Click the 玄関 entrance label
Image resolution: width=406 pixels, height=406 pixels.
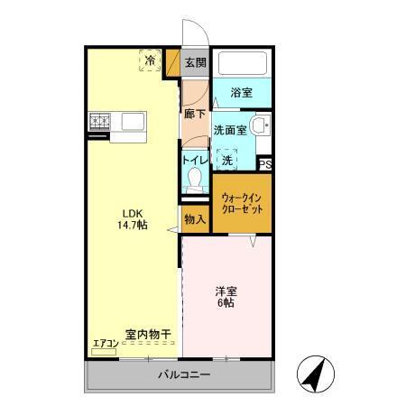[x=195, y=62]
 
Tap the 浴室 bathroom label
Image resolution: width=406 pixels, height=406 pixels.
[x=240, y=92]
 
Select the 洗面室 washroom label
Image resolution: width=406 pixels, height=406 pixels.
[x=229, y=129]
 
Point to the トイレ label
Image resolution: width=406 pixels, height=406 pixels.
[x=195, y=159]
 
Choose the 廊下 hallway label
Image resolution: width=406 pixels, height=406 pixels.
[x=194, y=115]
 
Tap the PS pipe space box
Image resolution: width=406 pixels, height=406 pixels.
[x=265, y=163]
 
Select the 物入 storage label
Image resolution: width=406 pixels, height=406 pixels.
[x=195, y=219]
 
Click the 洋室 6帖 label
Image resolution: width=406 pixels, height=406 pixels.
[x=226, y=296]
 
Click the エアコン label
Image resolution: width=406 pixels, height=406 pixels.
[x=106, y=342]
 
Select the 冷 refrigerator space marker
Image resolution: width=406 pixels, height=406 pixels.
[x=149, y=61]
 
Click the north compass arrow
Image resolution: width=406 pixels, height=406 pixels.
[x=311, y=374]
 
